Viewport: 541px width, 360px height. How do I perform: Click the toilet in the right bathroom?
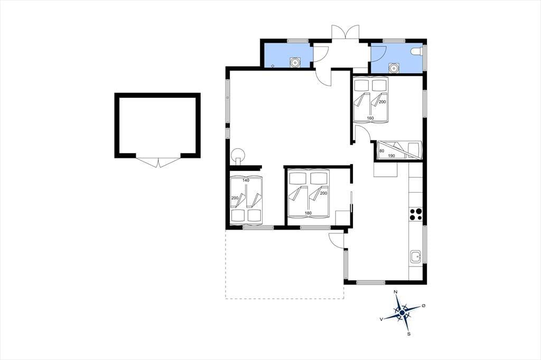(x=416, y=52)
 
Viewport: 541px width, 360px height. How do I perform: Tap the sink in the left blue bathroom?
(x=295, y=62)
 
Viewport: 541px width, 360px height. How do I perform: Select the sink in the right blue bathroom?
(x=393, y=68)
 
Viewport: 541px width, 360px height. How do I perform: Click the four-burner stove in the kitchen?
(x=416, y=214)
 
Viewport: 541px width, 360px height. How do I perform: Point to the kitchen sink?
(x=416, y=257)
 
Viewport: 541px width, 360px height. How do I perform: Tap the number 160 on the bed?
(x=370, y=118)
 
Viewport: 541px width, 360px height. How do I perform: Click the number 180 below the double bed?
(x=308, y=213)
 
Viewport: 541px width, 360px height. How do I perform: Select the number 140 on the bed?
(x=246, y=181)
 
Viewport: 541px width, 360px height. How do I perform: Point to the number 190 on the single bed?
(x=391, y=156)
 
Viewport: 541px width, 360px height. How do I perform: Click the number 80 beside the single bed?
(x=381, y=151)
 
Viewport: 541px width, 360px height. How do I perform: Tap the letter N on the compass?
(x=395, y=292)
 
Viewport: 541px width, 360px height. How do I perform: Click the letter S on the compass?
(x=409, y=334)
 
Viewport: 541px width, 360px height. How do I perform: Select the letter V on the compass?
(x=381, y=319)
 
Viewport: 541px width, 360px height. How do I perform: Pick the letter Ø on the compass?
(x=424, y=306)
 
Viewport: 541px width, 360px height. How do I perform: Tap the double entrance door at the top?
(x=346, y=32)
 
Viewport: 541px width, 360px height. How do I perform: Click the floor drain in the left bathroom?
(x=273, y=65)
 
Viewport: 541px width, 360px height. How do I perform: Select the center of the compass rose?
(x=402, y=313)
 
